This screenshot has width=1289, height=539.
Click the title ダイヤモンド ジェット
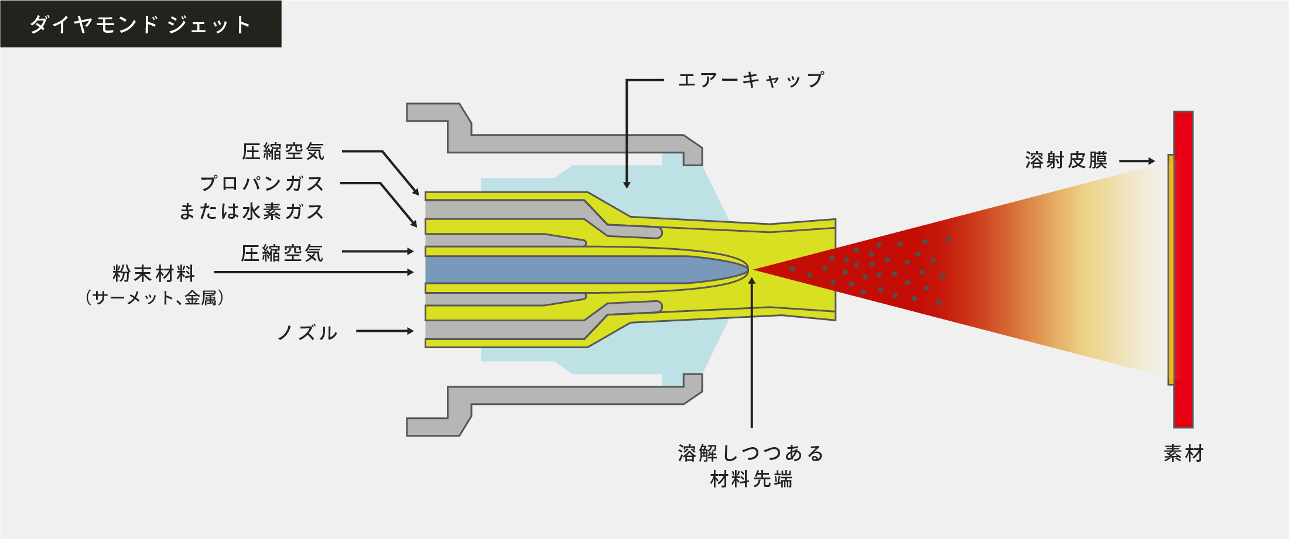[141, 25]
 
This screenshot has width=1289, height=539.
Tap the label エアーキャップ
[751, 80]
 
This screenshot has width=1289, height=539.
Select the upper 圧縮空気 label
[283, 152]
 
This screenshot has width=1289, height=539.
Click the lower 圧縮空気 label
[282, 253]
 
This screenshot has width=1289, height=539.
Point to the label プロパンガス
[262, 183]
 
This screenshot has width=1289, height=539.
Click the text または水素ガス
[251, 211]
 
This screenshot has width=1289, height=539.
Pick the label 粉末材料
[153, 273]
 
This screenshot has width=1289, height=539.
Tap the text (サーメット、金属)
[155, 298]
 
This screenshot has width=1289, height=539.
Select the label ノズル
[307, 333]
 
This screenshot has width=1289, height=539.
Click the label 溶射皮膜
[1066, 160]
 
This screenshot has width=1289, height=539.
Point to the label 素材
[1184, 454]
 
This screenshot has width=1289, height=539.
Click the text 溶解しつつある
[751, 454]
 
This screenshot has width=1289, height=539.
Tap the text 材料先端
[751, 479]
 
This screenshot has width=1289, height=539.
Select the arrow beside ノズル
[385, 331]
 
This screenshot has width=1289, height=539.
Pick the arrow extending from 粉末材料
[314, 272]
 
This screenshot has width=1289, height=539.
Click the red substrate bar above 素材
[1183, 269]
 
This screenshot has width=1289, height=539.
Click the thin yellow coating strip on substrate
[1170, 269]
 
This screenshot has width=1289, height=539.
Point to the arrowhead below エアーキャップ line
[627, 185]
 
